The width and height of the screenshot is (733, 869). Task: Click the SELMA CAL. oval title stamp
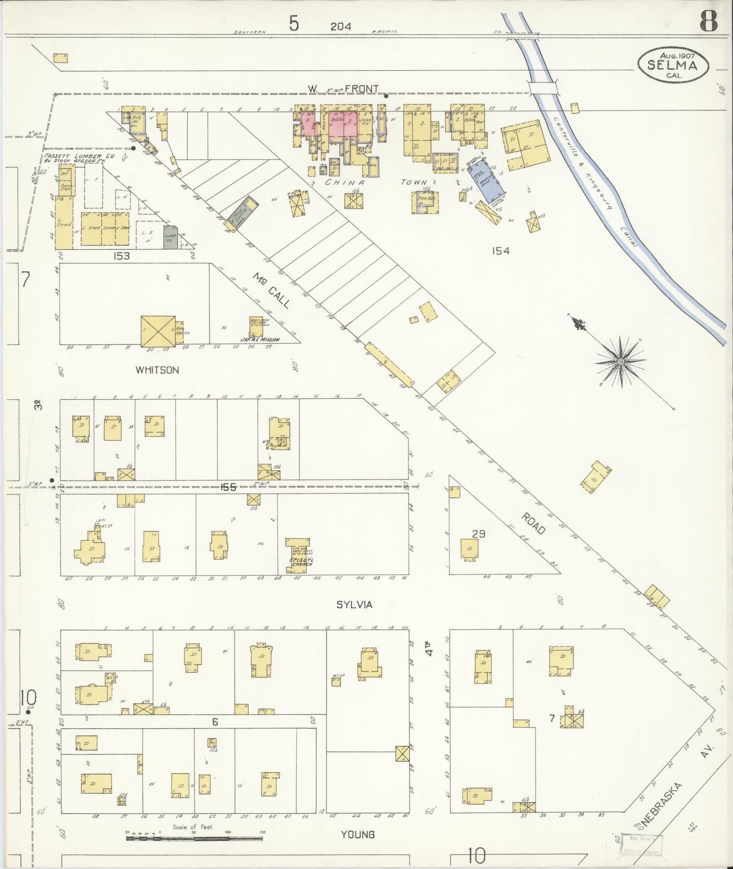673,66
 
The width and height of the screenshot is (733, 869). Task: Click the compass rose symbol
620,361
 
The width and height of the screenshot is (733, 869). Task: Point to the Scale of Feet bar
195,835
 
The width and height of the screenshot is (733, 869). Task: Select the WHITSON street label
157,370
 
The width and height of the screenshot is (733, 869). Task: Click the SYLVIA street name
354,605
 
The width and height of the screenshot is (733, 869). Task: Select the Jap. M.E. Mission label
259,339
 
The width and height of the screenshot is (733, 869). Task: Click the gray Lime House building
171,236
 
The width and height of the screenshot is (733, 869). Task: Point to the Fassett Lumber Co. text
80,157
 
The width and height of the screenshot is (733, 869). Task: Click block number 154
500,250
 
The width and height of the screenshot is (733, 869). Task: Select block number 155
228,487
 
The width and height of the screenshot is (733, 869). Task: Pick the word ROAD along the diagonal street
534,523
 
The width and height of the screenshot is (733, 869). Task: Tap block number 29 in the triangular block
479,534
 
